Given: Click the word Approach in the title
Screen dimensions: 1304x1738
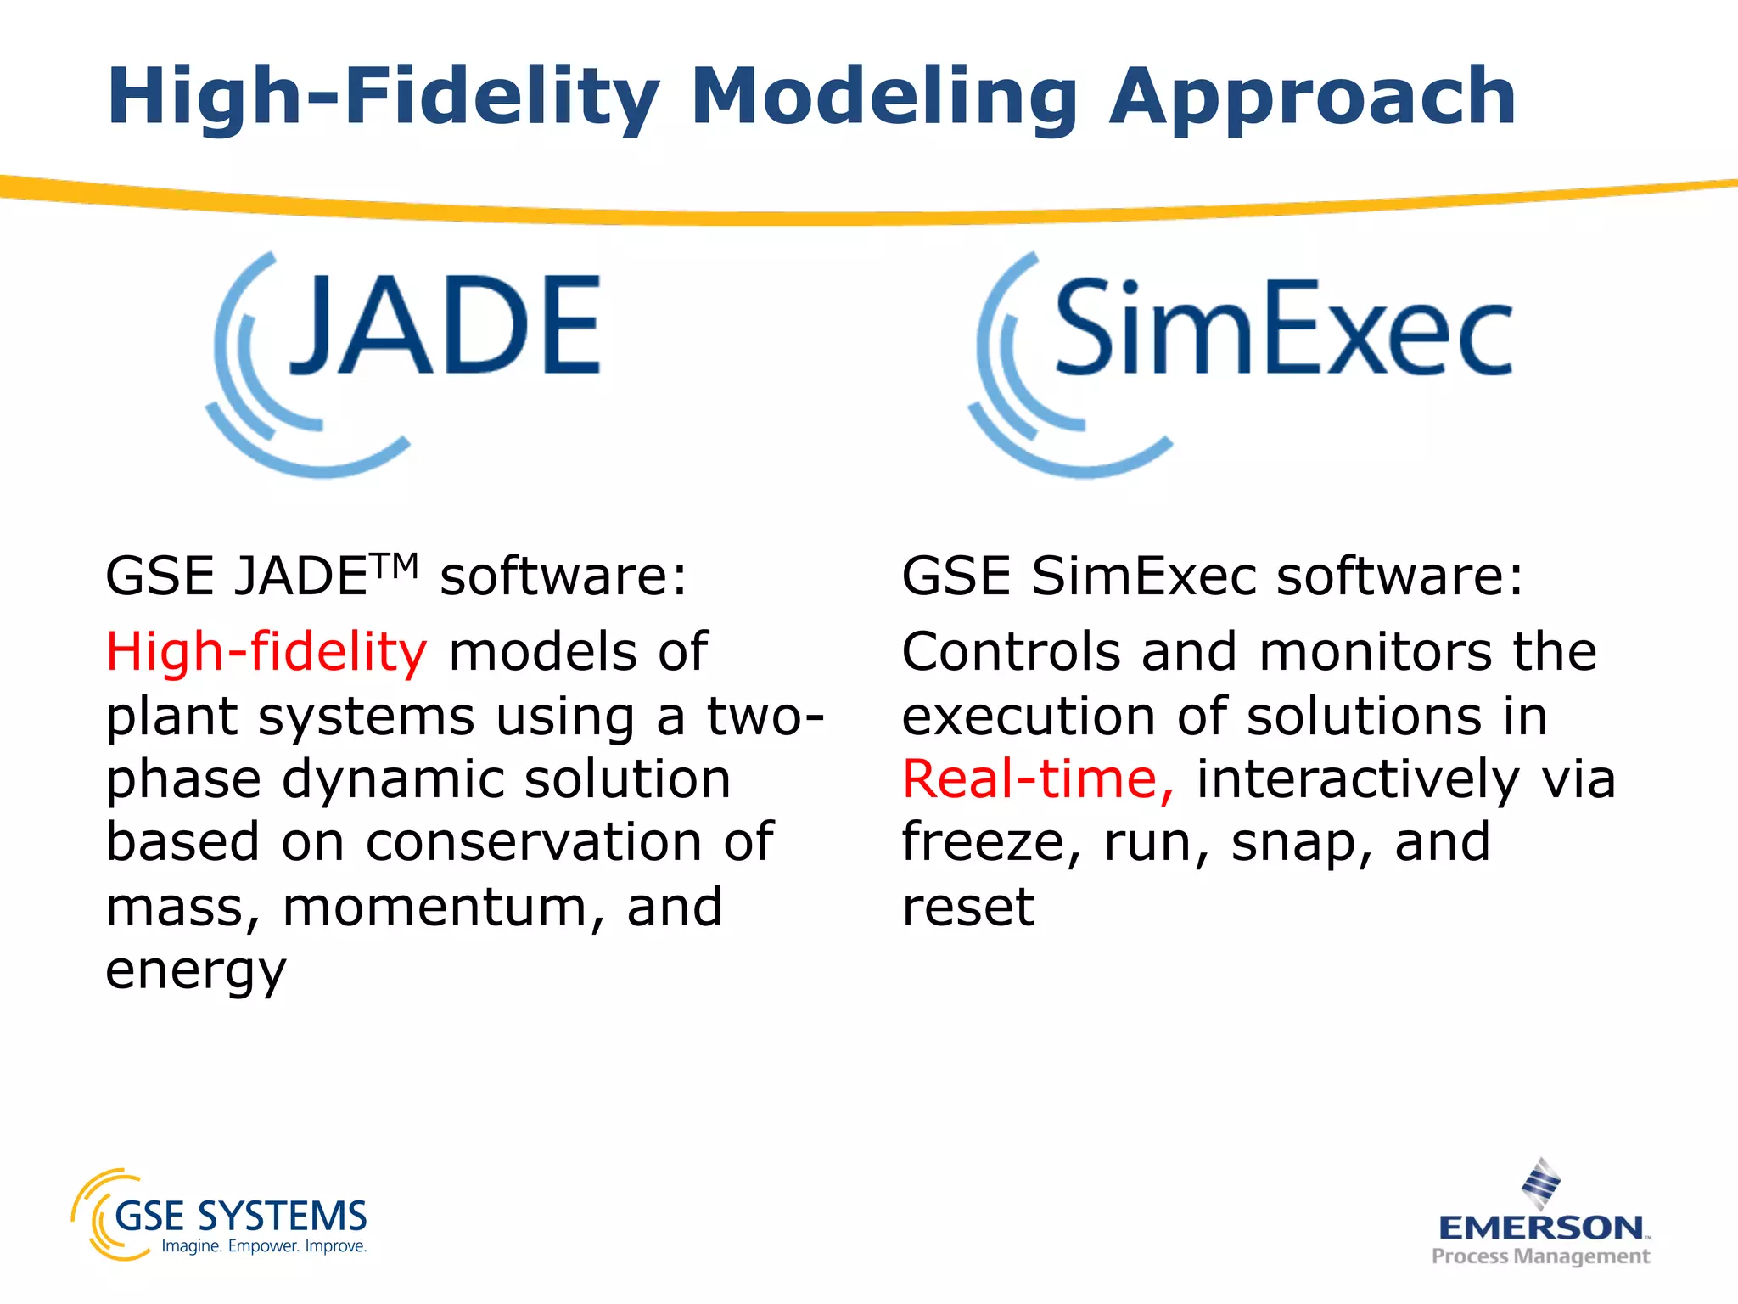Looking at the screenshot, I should coord(1312,98).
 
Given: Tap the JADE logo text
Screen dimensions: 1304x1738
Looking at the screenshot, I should coord(446,327).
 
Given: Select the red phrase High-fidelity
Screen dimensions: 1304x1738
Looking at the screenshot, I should coord(266,652).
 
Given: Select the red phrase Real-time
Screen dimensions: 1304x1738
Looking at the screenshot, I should coord(1037,779).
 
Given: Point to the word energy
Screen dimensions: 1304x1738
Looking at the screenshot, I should coord(196,971).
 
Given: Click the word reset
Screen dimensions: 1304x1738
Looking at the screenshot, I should coord(967,908).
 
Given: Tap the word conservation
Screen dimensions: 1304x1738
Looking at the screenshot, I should coord(534,843).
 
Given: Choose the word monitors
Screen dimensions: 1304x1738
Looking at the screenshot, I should coord(1375,652).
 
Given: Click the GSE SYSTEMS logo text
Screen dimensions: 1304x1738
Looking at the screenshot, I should coord(240,1217).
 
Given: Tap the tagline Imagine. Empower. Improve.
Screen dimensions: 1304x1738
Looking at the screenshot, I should coord(264,1246).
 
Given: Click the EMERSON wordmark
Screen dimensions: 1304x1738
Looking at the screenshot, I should coord(1541,1228).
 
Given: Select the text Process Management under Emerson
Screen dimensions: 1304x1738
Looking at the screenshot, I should coord(1540,1256).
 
